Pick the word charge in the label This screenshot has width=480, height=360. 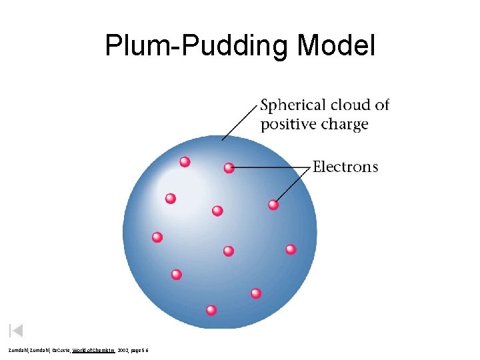click(343, 125)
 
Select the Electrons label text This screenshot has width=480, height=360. click(345, 167)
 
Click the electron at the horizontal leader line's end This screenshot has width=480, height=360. click(229, 167)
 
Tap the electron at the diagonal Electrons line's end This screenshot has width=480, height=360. click(273, 205)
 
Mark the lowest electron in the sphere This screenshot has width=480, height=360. click(211, 310)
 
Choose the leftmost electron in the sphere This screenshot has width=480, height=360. click(157, 237)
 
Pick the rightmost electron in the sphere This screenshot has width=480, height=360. click(291, 249)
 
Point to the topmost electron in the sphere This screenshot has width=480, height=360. click(185, 161)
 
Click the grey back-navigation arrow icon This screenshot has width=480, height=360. click(17, 330)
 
